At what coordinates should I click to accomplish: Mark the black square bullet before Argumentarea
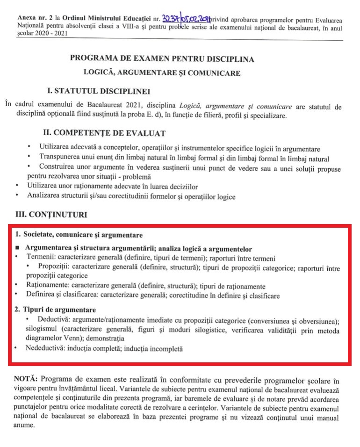17,249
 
